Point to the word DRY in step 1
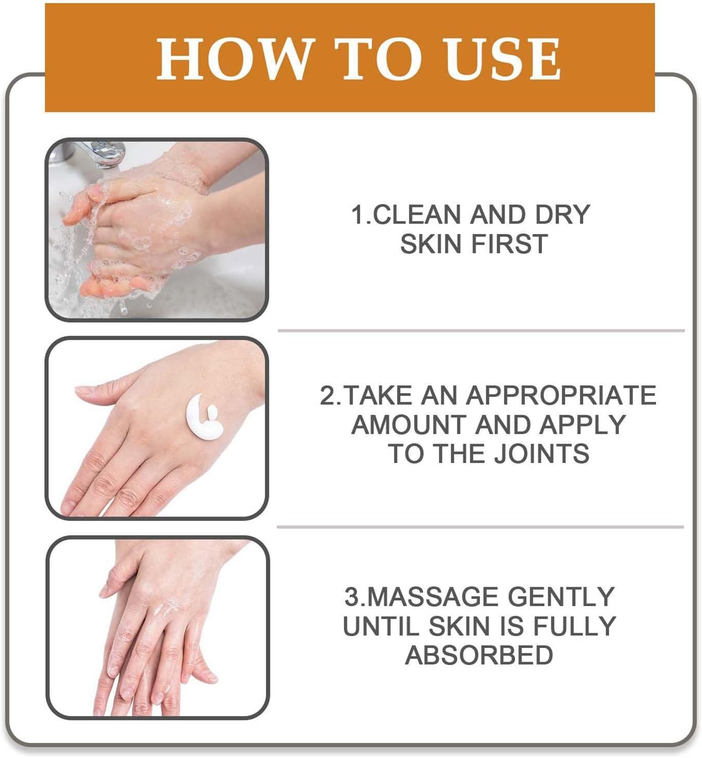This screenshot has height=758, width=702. (x=562, y=215)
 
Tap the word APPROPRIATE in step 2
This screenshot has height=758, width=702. (x=561, y=396)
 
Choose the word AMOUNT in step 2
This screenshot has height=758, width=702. (x=408, y=425)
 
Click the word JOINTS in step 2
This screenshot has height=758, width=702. (x=541, y=454)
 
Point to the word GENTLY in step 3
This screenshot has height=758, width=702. (x=561, y=597)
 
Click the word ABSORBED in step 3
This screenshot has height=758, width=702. (x=479, y=655)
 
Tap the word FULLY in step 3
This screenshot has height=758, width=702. (x=574, y=626)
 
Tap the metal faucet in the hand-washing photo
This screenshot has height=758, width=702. (x=106, y=153)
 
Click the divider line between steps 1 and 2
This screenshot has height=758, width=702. (x=481, y=330)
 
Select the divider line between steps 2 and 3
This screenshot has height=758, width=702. (x=480, y=527)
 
